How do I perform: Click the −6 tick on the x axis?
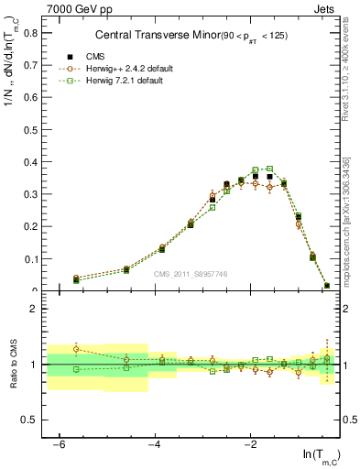pyautogui.click(x=60, y=444)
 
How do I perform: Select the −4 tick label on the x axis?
pyautogui.click(x=155, y=444)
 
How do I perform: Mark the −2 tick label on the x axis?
pyautogui.click(x=250, y=444)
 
